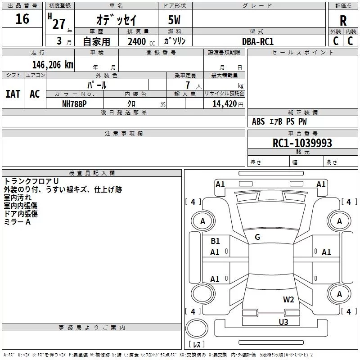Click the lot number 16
coord(22,19)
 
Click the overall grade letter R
coord(343,20)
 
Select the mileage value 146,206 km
coord(53,64)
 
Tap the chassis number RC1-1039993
coord(302,143)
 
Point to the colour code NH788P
coord(74,103)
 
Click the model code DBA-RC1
coord(258,41)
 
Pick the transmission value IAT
coord(13,94)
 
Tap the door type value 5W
coord(175,20)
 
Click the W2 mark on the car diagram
coord(288,300)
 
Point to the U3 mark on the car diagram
coord(283,322)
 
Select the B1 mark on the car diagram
coord(215,241)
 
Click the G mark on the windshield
coord(257,237)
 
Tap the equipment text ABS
coord(258,121)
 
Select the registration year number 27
coord(59,23)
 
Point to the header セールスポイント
coord(303,53)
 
